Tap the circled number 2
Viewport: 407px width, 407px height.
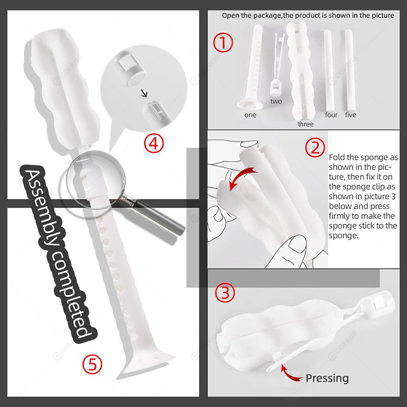[x=315, y=148]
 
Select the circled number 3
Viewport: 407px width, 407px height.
[x=225, y=293]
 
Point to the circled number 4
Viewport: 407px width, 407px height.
[x=154, y=143]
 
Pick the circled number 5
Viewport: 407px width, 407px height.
[x=92, y=364]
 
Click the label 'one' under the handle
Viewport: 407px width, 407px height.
[x=250, y=115]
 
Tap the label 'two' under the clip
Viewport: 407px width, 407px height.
[x=276, y=101]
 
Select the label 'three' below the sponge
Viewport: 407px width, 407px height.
[x=306, y=124]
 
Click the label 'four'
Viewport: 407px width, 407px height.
[x=331, y=115]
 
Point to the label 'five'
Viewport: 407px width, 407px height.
[x=351, y=115]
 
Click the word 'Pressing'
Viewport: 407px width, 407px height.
[x=327, y=378]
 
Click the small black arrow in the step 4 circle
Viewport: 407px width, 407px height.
[x=144, y=93]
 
